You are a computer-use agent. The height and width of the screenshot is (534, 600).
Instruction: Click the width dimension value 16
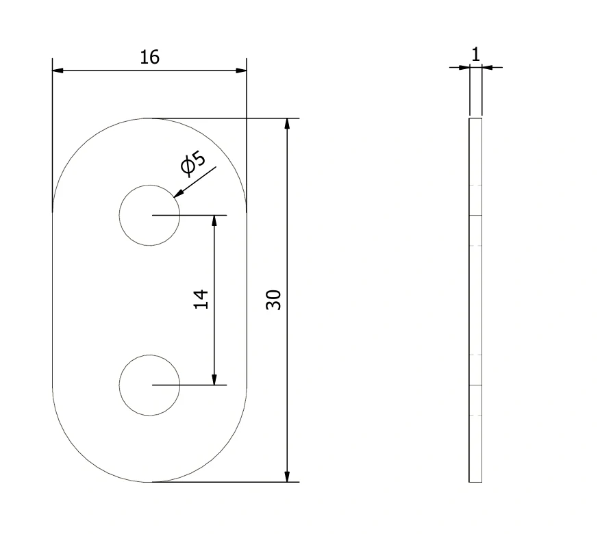[149, 58]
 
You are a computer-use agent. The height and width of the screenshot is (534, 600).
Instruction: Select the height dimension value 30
[273, 300]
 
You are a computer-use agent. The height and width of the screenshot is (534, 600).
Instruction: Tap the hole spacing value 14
[201, 299]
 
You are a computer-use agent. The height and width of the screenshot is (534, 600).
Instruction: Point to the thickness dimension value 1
[475, 54]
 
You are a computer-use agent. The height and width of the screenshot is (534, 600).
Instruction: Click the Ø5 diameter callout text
[193, 164]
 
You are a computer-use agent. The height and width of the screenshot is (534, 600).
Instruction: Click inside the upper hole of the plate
[149, 216]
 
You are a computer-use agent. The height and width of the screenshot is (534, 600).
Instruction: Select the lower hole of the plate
[149, 385]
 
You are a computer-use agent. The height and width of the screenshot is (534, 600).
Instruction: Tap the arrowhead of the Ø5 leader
[178, 194]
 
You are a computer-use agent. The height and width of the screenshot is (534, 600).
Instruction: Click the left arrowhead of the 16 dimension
[58, 71]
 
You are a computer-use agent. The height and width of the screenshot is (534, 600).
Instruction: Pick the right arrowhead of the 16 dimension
[241, 71]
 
